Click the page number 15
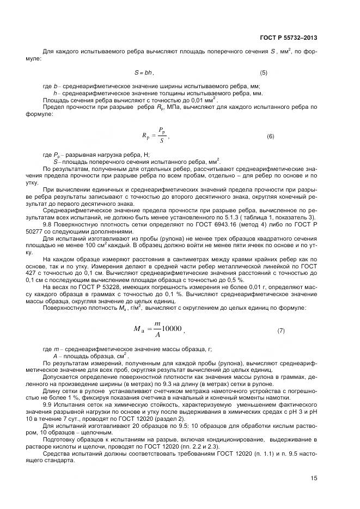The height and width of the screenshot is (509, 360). point(313,478)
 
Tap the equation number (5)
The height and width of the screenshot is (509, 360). point(264,72)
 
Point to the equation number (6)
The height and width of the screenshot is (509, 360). point(270,137)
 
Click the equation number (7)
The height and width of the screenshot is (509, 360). point(281,330)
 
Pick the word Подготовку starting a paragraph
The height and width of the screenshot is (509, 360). point(62,439)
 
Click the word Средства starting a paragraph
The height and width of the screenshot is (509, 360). point(57,452)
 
